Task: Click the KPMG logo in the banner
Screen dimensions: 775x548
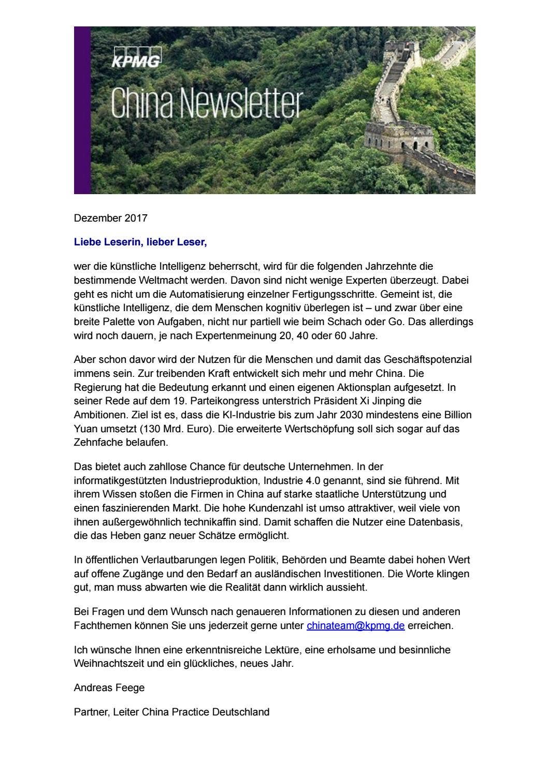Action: tap(136, 57)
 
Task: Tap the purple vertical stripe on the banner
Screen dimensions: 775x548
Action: tap(82, 110)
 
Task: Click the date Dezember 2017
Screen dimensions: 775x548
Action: tap(110, 218)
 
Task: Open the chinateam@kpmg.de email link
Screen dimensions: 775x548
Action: tap(355, 625)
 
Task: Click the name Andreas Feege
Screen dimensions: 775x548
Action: tap(109, 688)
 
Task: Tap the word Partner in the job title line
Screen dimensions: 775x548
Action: tap(90, 712)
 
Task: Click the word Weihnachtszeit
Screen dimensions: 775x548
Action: tap(110, 663)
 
